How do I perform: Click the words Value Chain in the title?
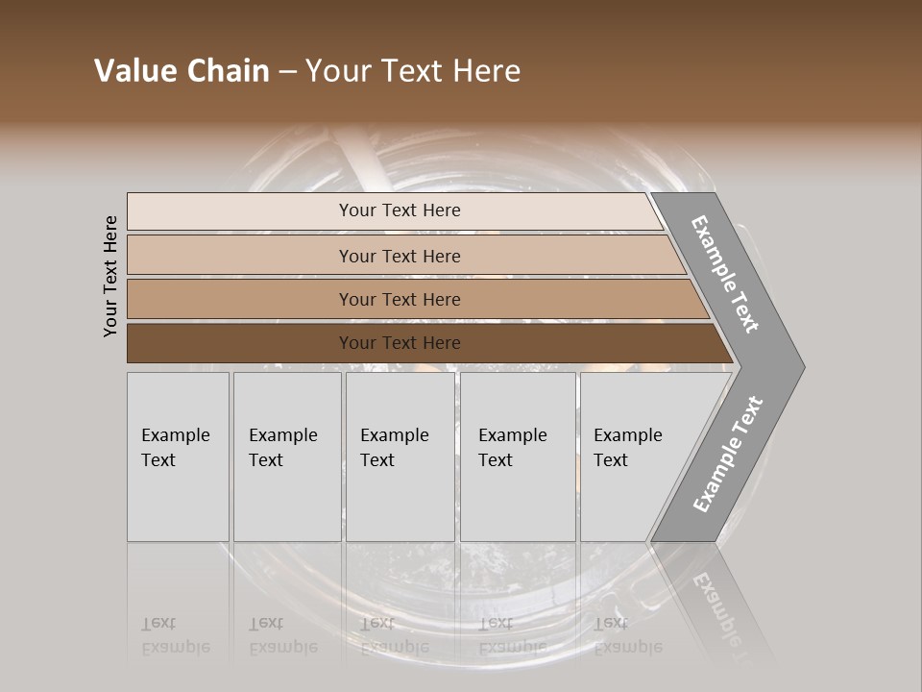pyautogui.click(x=182, y=71)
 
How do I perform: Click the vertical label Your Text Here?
pyautogui.click(x=110, y=276)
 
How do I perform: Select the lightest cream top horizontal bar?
pyautogui.click(x=240, y=210)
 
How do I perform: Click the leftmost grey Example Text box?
pyautogui.click(x=178, y=457)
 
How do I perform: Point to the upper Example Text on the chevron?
pyautogui.click(x=725, y=274)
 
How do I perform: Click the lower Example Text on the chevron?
pyautogui.click(x=728, y=454)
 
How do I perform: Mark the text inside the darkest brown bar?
pyautogui.click(x=400, y=343)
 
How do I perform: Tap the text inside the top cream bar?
pyautogui.click(x=400, y=210)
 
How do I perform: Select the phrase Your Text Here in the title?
pyautogui.click(x=413, y=71)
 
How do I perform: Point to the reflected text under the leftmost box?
pyautogui.click(x=176, y=635)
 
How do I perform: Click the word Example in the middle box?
pyautogui.click(x=394, y=435)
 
